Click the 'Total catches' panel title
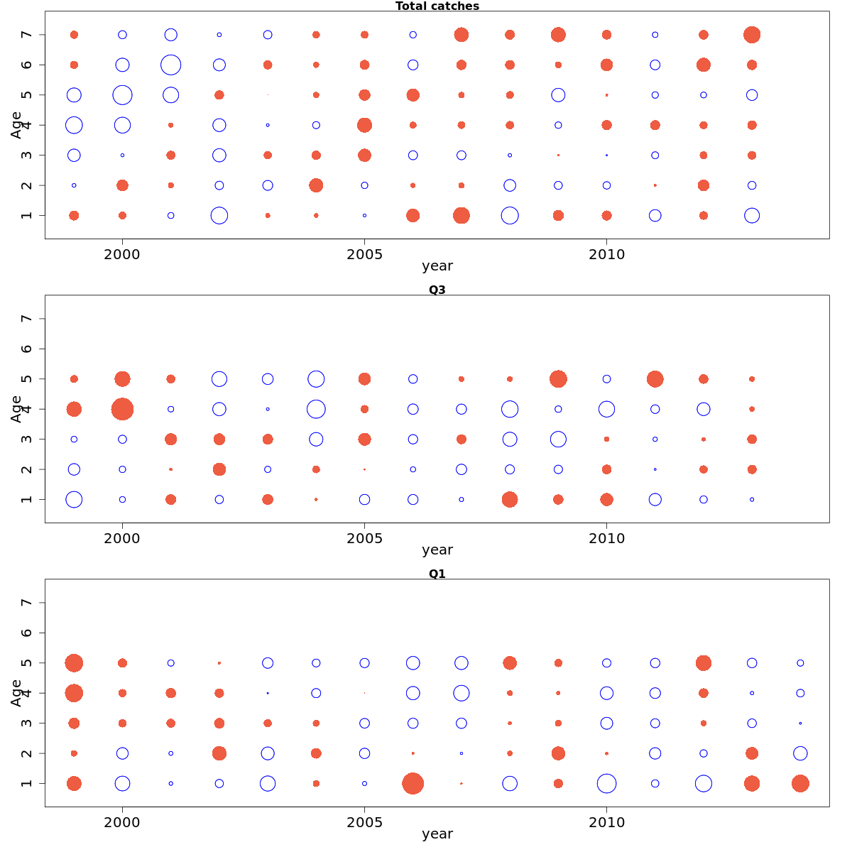(x=437, y=6)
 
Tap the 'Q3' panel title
(x=437, y=290)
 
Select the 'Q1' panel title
(x=437, y=574)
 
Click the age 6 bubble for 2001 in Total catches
(x=170, y=65)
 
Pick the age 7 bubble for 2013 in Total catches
(x=752, y=35)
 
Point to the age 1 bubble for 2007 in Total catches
(x=461, y=215)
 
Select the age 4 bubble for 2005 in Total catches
(x=364, y=125)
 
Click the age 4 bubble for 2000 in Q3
(x=122, y=409)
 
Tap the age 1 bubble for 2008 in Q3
(x=510, y=499)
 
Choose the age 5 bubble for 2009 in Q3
(x=558, y=379)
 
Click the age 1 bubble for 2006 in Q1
(x=413, y=783)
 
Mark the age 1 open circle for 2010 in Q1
(x=606, y=783)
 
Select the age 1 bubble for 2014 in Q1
(x=800, y=783)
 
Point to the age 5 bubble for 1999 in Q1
(x=74, y=663)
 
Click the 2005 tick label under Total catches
(x=364, y=255)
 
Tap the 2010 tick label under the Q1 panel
(x=606, y=823)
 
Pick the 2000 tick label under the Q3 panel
(x=122, y=539)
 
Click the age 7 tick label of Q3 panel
(x=27, y=319)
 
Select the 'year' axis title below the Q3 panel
(x=437, y=550)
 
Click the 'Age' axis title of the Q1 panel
(x=16, y=693)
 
